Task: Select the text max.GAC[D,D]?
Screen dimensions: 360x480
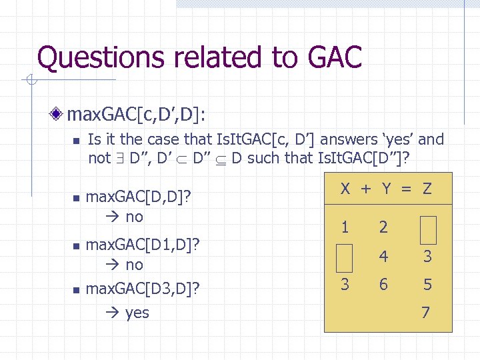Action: pyautogui.click(x=139, y=197)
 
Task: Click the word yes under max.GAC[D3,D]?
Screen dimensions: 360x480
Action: pyautogui.click(x=137, y=313)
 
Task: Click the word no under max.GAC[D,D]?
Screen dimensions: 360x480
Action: pyautogui.click(x=134, y=217)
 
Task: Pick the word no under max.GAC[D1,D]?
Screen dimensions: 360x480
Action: pyautogui.click(x=134, y=265)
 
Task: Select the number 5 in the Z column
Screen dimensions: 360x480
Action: pyautogui.click(x=427, y=285)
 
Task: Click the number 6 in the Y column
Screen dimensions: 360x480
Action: pyautogui.click(x=383, y=285)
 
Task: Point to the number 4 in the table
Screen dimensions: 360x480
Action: pyautogui.click(x=384, y=257)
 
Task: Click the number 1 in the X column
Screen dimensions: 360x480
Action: pyautogui.click(x=345, y=227)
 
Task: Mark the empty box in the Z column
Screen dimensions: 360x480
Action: pyautogui.click(x=427, y=229)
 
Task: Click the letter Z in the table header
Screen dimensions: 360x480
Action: pyautogui.click(x=427, y=189)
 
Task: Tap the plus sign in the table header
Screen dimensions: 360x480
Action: pyautogui.click(x=365, y=189)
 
